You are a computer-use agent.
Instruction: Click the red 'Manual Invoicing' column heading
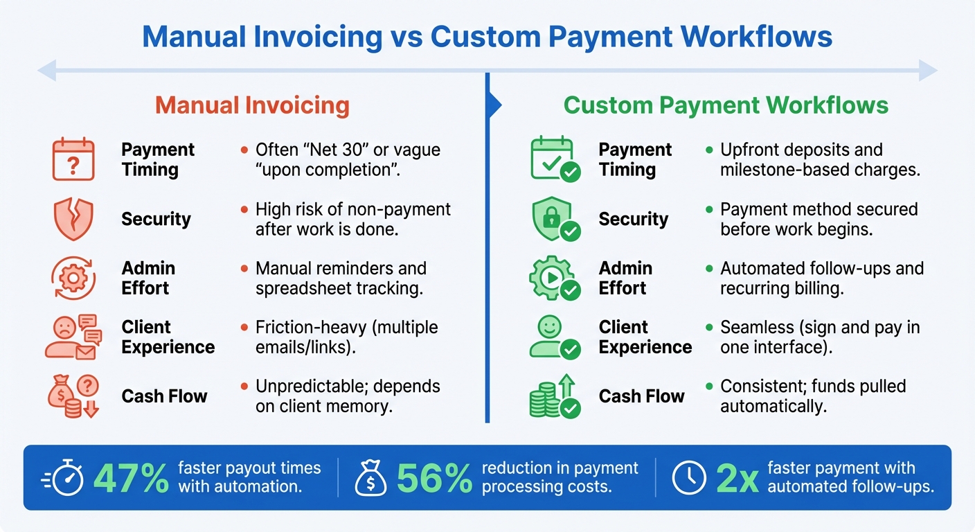pos(252,105)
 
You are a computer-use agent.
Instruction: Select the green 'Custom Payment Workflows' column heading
pos(726,105)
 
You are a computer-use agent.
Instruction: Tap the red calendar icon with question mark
pos(73,159)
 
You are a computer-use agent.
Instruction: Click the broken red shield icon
pos(73,219)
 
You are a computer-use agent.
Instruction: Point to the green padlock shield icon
pos(553,219)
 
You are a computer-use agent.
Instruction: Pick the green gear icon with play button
pos(553,278)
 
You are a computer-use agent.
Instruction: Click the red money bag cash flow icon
pos(73,396)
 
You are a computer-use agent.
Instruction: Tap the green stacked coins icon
pos(553,396)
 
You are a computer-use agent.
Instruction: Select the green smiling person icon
pos(553,337)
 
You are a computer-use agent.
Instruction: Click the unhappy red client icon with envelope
pos(73,337)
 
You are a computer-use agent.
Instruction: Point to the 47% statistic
pos(131,478)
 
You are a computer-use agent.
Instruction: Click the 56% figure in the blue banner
pos(434,478)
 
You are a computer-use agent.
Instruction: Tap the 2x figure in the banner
pos(737,478)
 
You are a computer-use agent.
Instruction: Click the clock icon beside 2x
pos(689,478)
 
